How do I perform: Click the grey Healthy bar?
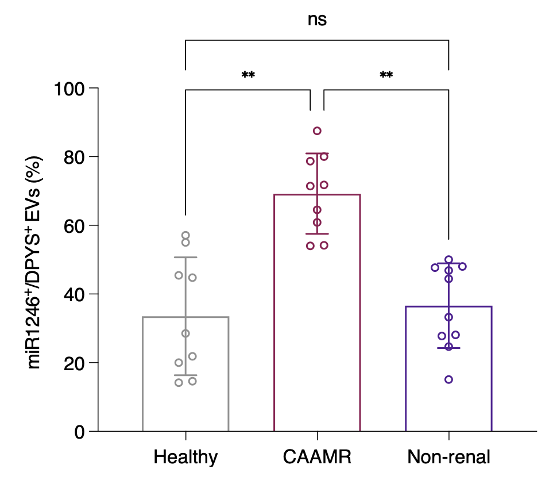143,374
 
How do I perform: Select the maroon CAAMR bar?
274,313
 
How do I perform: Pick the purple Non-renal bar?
405,370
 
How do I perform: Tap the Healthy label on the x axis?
185,457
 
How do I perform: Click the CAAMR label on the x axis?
317,457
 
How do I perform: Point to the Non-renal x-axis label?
448,457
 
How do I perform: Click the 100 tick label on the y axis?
69,89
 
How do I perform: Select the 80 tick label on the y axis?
74,157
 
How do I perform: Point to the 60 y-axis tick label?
74,226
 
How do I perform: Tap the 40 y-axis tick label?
74,294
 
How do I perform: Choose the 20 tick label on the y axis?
74,363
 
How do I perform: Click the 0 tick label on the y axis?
80,432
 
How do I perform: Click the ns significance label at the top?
317,20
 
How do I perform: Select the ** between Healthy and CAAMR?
248,75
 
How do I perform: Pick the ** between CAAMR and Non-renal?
386,75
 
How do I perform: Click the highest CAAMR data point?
317,131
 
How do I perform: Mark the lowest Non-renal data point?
448,379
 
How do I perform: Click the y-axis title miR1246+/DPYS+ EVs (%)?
34,263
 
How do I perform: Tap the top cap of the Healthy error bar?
185,257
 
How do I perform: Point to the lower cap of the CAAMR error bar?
317,233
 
